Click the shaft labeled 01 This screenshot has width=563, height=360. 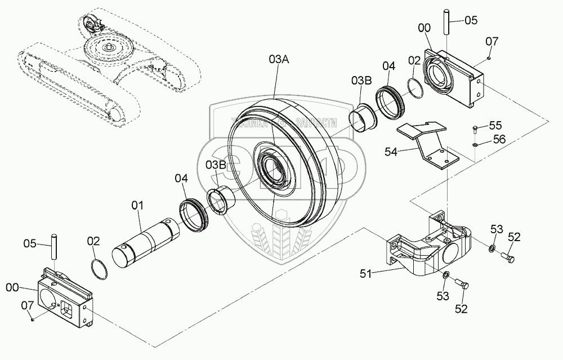pyautogui.click(x=146, y=239)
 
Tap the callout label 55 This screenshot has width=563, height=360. pyautogui.click(x=495, y=125)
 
